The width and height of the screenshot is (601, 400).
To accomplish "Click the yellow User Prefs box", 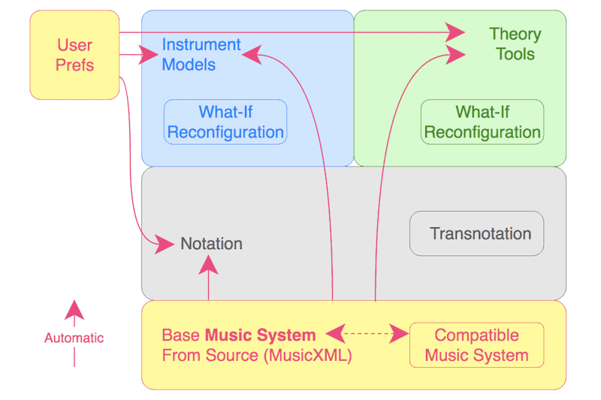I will tap(74, 55).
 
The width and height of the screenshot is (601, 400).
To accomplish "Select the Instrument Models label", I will tap(201, 55).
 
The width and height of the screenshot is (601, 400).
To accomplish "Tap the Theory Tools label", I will tap(515, 44).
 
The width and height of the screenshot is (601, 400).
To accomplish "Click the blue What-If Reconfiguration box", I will tap(225, 122).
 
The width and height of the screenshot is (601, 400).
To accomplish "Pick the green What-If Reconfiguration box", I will tap(482, 122).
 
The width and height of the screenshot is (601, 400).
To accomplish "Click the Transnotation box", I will tap(476, 233).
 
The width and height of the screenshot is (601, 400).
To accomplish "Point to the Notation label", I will tap(211, 244).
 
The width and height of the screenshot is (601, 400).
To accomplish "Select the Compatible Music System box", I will tap(476, 345).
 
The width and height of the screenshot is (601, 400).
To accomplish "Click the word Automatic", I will tap(74, 338).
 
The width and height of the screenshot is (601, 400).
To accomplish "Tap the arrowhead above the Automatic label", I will tap(74, 310).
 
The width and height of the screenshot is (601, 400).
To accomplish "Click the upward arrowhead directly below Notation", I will tap(208, 263).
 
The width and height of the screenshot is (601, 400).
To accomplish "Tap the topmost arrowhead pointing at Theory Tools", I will tap(455, 32).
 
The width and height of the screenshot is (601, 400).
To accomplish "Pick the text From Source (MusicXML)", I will tap(257, 355).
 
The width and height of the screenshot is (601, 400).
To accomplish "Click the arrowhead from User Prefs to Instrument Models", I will tap(148, 54).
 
